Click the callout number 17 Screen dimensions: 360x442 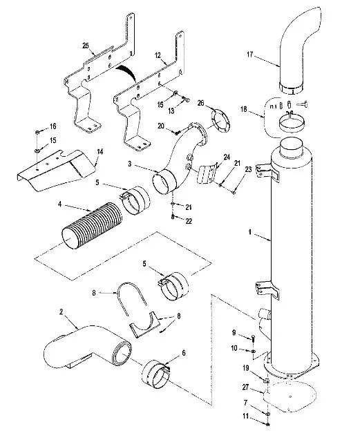tap(250, 54)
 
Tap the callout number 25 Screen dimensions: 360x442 tap(86, 46)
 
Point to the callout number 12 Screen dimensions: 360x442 tap(158, 55)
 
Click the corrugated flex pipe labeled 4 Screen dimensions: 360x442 tap(93, 225)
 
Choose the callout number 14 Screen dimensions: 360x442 tap(100, 152)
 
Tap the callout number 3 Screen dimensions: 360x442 tap(129, 164)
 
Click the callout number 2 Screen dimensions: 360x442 tap(61, 311)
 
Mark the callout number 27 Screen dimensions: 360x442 tap(245, 387)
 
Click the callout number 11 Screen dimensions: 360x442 tap(246, 416)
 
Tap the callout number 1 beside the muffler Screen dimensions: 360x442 tap(249, 232)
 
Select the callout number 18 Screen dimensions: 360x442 tap(244, 109)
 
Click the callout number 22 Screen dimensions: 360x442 tap(189, 221)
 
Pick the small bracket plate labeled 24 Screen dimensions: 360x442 tap(207, 173)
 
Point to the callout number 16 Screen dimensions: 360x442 tap(53, 126)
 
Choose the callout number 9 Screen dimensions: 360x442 tap(234, 333)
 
